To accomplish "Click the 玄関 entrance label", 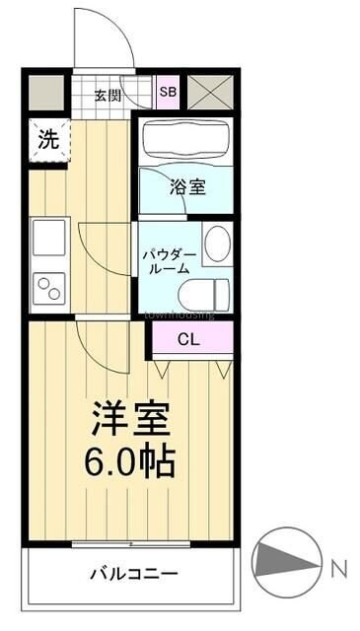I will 108,96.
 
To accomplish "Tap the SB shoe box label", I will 168,92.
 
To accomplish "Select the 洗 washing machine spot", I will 47,141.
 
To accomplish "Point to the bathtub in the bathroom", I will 186,141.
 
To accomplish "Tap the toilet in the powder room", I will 207,293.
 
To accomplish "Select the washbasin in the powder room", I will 217,242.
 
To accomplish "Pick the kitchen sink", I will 48,237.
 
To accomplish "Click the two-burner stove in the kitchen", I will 48,288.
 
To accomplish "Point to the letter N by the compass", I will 338,568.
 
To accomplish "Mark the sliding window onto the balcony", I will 131,543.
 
